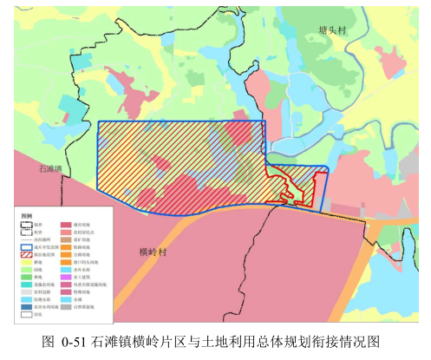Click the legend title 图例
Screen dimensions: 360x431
[x=26, y=215]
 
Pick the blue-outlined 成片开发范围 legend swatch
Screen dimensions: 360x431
[x=26, y=246]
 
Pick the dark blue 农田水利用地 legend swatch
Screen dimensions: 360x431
[x=26, y=305]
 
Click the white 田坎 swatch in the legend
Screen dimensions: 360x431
[x=26, y=313]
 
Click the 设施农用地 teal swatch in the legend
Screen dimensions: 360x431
[x=26, y=283]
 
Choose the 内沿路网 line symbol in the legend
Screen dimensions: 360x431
[x=26, y=239]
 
